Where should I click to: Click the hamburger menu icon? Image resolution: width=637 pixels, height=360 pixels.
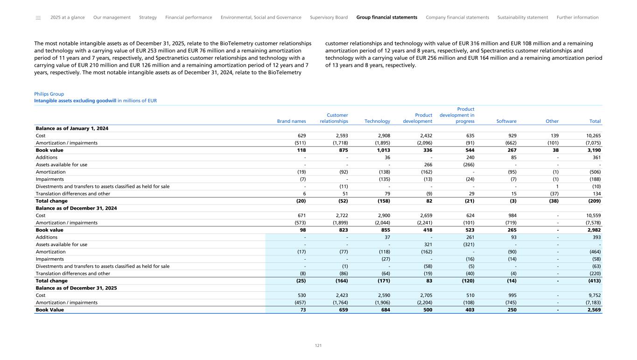(x=38, y=18)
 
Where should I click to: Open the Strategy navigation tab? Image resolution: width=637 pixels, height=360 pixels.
(x=148, y=17)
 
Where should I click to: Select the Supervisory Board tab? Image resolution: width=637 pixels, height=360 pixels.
(x=329, y=17)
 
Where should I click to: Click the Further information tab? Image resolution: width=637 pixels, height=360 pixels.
(x=577, y=17)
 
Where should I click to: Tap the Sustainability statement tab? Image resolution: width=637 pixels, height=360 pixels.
(x=523, y=17)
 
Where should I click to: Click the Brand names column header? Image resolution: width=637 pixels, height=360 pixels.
(x=292, y=121)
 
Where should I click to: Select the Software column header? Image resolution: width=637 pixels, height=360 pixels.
(x=506, y=121)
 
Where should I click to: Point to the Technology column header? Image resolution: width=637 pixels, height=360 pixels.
(x=377, y=121)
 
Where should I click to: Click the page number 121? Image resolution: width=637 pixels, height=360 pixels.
(x=318, y=346)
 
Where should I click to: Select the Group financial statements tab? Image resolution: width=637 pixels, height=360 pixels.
(x=386, y=17)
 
